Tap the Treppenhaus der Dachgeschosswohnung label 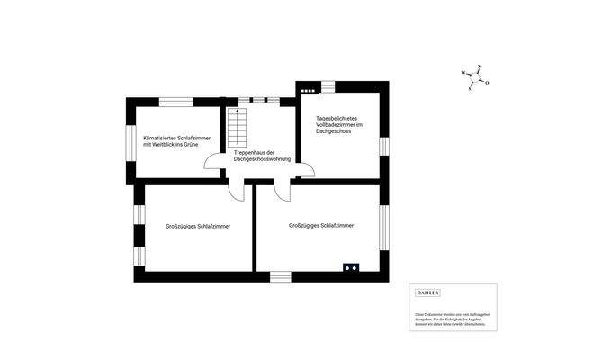261,156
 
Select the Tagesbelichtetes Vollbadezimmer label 338,125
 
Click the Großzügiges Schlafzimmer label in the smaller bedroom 198,226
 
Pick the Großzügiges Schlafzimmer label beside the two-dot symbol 321,225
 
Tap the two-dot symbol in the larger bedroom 349,266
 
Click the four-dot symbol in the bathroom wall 309,89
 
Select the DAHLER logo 427,292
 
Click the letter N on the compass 481,68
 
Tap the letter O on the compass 487,83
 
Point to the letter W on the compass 463,72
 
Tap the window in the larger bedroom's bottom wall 281,275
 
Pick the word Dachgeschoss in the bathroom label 332,132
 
